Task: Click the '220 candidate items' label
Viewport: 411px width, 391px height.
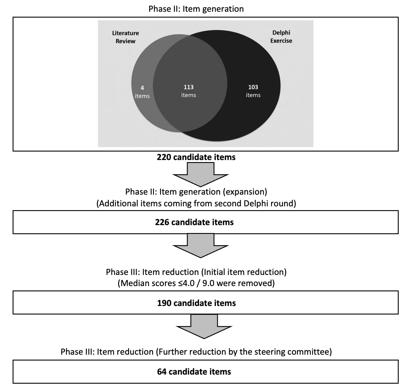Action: tap(196, 157)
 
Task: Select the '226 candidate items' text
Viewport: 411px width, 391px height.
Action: tap(194, 222)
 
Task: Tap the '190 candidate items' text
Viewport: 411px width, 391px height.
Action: tap(196, 303)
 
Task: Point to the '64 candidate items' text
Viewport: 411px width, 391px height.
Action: tap(194, 372)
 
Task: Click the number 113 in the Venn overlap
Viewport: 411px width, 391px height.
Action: tap(188, 87)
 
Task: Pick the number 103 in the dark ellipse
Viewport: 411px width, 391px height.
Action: tap(253, 87)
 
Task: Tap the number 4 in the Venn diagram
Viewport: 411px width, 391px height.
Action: tap(142, 88)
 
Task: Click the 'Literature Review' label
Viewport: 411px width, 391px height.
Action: tap(125, 37)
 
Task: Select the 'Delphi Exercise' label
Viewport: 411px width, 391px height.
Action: tap(281, 37)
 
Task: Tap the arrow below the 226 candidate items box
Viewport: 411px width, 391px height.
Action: tap(201, 245)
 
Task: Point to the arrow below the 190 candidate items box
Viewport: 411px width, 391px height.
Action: tap(204, 326)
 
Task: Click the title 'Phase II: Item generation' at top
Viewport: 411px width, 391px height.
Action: tap(196, 9)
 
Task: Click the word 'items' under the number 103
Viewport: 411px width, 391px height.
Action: tap(253, 95)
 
